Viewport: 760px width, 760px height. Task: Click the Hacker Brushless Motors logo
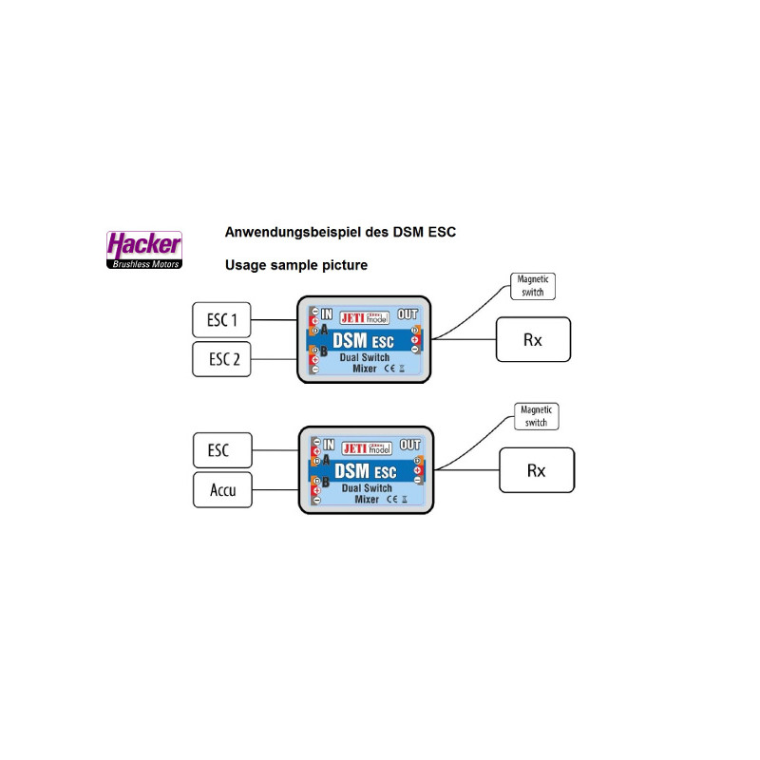pyautogui.click(x=143, y=249)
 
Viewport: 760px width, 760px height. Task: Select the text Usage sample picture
pyautogui.click(x=295, y=265)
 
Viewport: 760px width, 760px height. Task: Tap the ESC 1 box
pyautogui.click(x=221, y=320)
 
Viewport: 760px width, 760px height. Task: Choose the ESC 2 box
pyautogui.click(x=221, y=360)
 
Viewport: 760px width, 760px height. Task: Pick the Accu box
pyautogui.click(x=222, y=491)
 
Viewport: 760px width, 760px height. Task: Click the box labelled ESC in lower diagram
pyautogui.click(x=222, y=448)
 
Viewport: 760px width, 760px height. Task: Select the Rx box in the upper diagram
pyautogui.click(x=533, y=339)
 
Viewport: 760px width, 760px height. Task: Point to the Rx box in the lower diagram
pyautogui.click(x=537, y=470)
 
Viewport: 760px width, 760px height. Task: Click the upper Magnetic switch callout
pyautogui.click(x=532, y=287)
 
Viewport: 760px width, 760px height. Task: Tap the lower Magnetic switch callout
pyautogui.click(x=536, y=415)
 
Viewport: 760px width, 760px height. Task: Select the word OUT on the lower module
pyautogui.click(x=410, y=444)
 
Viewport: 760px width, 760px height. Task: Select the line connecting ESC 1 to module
pyautogui.click(x=274, y=320)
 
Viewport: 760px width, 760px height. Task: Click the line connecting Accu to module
pyautogui.click(x=275, y=490)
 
